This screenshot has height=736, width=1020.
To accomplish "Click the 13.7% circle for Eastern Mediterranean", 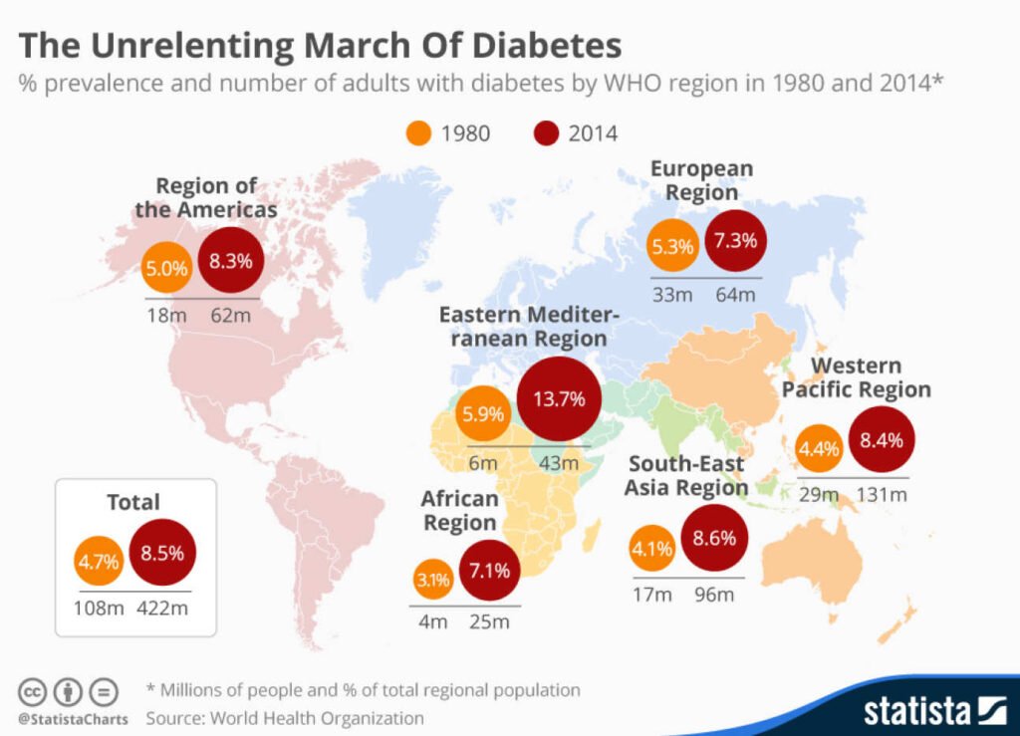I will click(x=559, y=399).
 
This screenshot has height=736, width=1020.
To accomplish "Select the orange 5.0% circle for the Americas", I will click(x=166, y=267).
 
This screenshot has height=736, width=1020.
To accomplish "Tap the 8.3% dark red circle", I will click(x=230, y=262).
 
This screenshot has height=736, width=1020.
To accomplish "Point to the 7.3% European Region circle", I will click(x=737, y=241).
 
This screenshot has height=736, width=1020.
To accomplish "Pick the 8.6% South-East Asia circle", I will click(x=714, y=539).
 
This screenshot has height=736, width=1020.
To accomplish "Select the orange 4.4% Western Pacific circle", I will click(x=818, y=448).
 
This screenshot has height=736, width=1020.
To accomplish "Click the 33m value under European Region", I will click(x=672, y=295).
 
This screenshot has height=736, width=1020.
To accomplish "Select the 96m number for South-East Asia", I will click(x=713, y=596).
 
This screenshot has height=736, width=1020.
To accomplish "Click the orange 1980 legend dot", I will click(x=419, y=132).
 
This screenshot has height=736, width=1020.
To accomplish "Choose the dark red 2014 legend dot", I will click(x=547, y=132).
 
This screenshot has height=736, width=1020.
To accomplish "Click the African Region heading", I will click(x=458, y=511).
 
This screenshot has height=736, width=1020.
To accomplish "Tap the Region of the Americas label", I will click(x=206, y=197).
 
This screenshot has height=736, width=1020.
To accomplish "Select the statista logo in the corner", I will click(x=922, y=710).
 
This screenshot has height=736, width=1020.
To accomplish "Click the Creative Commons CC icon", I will click(x=32, y=691).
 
